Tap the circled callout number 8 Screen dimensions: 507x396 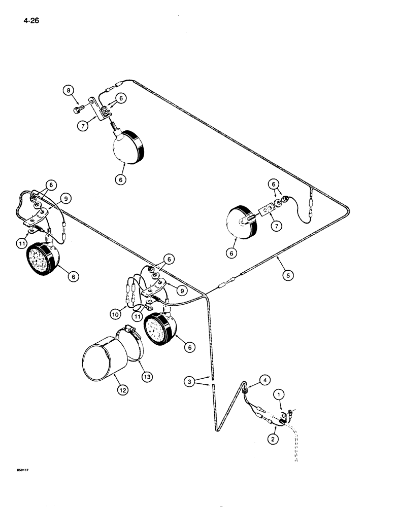pyautogui.click(x=69, y=91)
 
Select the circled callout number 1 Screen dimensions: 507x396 pyautogui.click(x=277, y=393)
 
